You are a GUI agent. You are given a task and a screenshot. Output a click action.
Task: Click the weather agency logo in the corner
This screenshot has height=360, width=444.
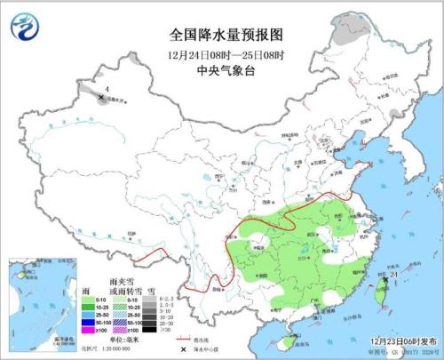point(24,28)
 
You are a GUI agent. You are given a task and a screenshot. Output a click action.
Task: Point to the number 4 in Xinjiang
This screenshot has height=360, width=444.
point(107,88)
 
